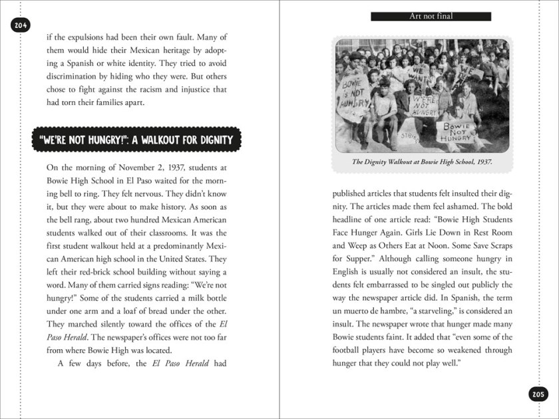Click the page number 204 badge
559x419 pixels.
point(21,25)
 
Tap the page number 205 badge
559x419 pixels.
point(538,394)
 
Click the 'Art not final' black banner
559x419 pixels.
point(431,16)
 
